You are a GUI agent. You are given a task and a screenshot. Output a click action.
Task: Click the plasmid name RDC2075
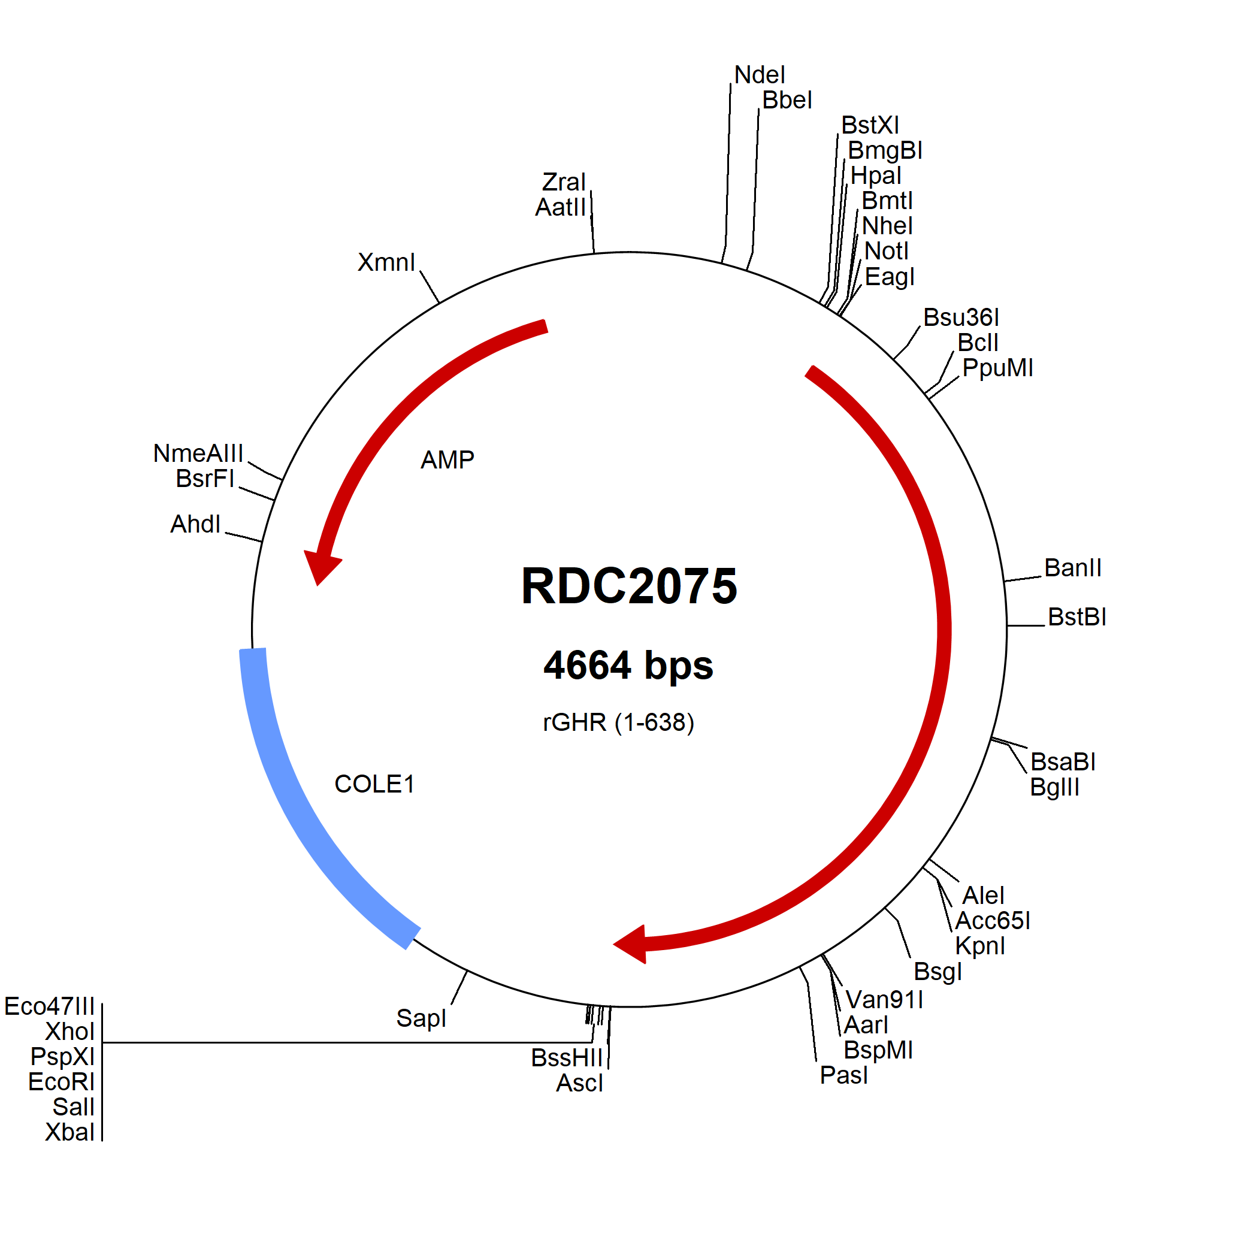click(629, 586)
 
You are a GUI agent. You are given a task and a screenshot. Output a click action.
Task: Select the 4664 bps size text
click(628, 666)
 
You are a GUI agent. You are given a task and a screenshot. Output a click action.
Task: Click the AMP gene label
click(447, 459)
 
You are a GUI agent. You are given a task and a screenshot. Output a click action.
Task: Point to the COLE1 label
click(374, 784)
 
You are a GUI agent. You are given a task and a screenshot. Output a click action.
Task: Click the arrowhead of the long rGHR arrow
click(631, 944)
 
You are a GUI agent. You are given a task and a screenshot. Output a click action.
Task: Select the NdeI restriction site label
click(760, 75)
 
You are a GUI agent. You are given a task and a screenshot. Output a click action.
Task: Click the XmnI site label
click(386, 262)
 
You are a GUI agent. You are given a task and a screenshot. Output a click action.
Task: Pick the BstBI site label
click(1077, 616)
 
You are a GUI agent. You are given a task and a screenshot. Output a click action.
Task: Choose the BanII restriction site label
click(1073, 568)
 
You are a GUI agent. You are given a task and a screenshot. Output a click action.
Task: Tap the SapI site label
click(421, 1018)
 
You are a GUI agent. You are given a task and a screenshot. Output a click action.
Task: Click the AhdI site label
click(195, 524)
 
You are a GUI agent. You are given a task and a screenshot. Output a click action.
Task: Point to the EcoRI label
click(62, 1081)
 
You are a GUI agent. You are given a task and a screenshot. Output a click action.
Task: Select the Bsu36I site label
click(961, 317)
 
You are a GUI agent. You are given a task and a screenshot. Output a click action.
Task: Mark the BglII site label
click(1055, 787)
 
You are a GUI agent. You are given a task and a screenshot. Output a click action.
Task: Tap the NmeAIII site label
click(198, 453)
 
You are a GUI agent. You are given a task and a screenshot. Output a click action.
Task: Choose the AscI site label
click(579, 1083)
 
